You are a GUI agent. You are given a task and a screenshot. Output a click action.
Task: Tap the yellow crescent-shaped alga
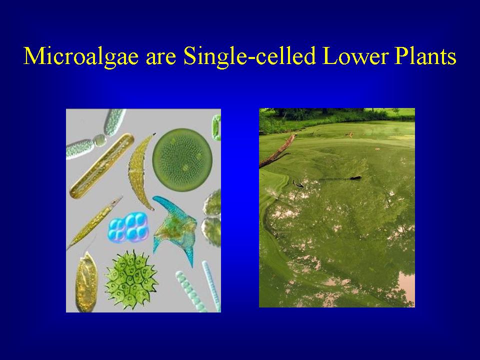(x=139, y=170)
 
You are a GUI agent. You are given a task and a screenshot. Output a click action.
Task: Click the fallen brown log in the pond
(x=278, y=150)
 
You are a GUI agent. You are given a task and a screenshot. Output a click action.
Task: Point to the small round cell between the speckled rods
(x=99, y=139)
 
